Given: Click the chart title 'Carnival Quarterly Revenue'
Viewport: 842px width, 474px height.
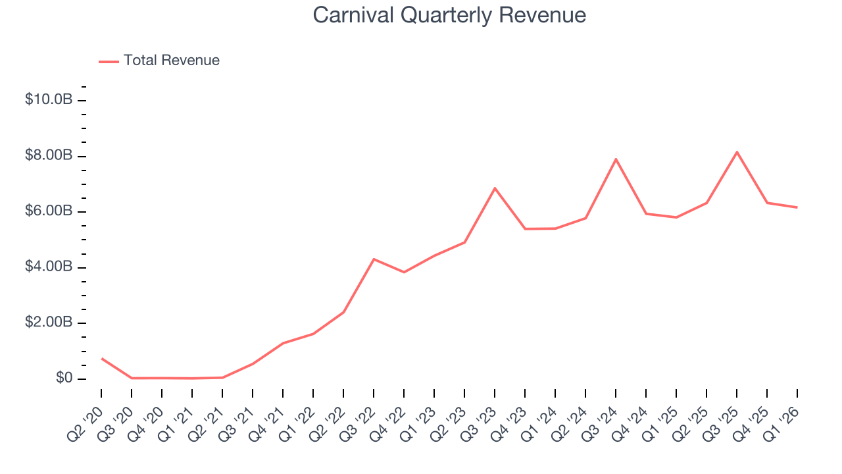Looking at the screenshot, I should pyautogui.click(x=449, y=15).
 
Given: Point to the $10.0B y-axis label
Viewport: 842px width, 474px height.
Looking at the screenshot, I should pyautogui.click(x=48, y=100).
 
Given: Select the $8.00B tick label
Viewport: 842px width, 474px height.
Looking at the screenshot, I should pyautogui.click(x=48, y=156).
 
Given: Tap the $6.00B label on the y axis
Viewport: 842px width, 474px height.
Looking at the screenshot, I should pyautogui.click(x=48, y=211).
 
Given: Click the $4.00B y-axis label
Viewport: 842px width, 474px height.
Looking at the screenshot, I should pyautogui.click(x=48, y=267).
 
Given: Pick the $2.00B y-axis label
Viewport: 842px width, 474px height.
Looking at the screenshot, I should pyautogui.click(x=48, y=323).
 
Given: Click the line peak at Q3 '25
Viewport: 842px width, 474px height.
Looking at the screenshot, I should pyautogui.click(x=737, y=152).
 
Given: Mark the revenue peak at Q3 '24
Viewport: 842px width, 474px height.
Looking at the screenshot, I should pyautogui.click(x=616, y=159).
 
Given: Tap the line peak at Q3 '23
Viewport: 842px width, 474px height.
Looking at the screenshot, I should pyautogui.click(x=495, y=188).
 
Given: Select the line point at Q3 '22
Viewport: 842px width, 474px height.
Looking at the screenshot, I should pyautogui.click(x=374, y=259).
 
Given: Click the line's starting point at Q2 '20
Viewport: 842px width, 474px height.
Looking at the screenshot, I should pyautogui.click(x=101, y=358).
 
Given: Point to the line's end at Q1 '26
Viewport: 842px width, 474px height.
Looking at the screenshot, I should pyautogui.click(x=797, y=207).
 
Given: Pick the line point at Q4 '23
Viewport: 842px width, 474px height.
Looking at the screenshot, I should pyautogui.click(x=525, y=228).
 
